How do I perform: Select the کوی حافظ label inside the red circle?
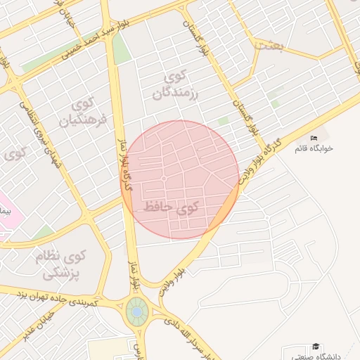171,207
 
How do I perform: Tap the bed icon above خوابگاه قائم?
314,137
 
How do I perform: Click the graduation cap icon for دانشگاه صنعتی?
316,346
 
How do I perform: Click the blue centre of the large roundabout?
136,310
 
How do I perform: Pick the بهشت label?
271,44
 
